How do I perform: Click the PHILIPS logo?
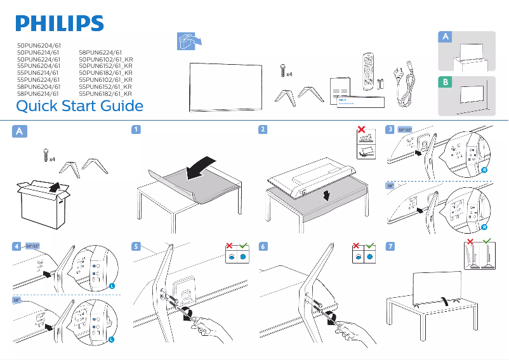tap(60, 23)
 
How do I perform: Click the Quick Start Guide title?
tap(79, 105)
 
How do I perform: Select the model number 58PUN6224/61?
tap(100, 53)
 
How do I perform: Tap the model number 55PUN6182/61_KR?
tap(105, 93)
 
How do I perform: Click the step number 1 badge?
tap(135, 130)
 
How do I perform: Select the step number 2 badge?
tap(262, 130)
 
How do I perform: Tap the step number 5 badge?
tap(135, 246)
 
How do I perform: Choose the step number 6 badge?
tap(262, 246)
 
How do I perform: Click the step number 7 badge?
tap(390, 246)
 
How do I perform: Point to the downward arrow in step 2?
tap(326, 194)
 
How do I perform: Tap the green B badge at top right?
tap(446, 83)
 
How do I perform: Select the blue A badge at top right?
tap(446, 37)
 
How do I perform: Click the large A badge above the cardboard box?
tap(20, 131)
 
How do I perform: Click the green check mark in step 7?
tap(487, 242)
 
